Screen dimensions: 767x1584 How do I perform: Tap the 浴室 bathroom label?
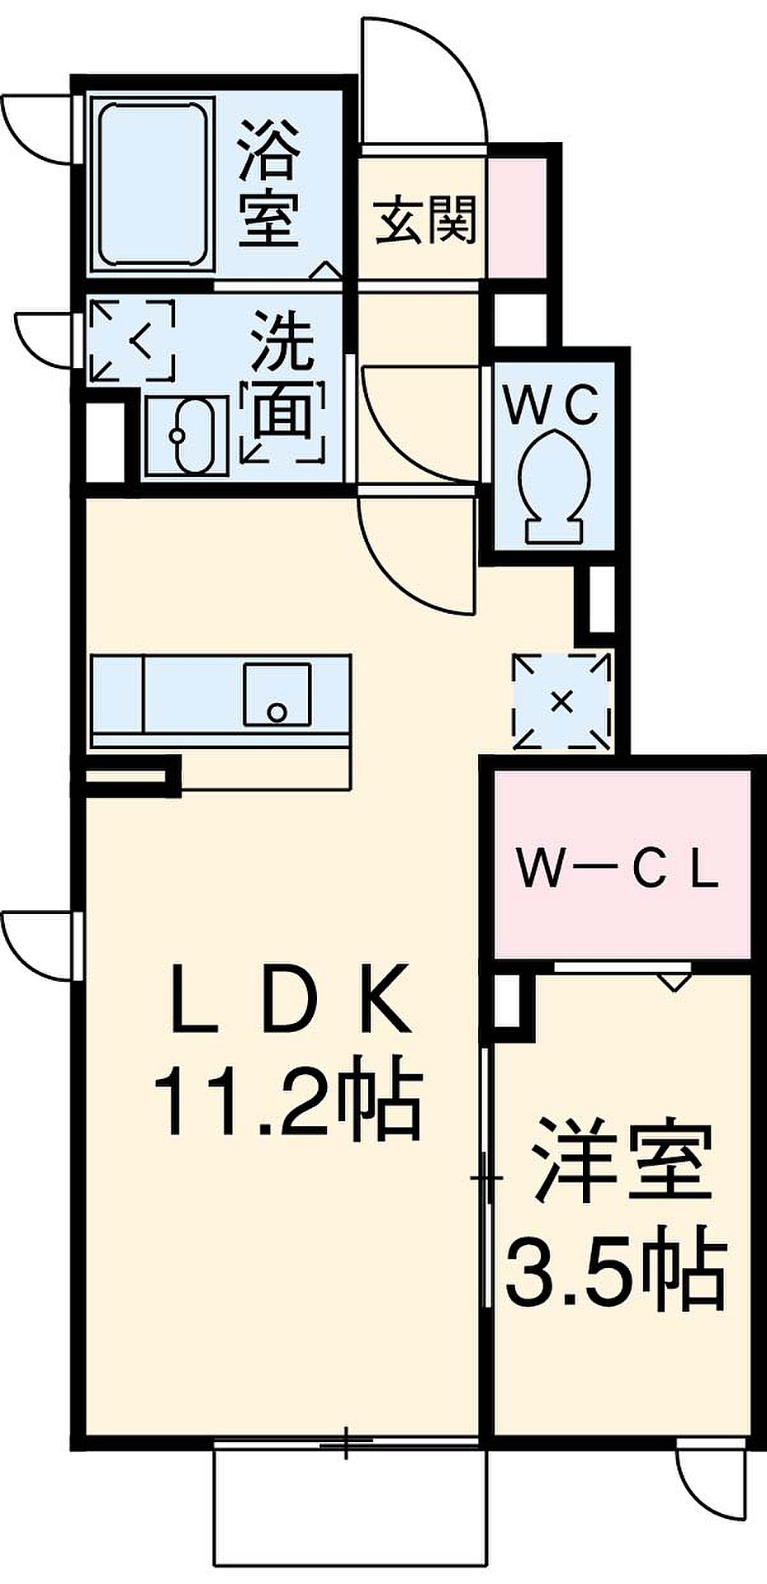(x=268, y=183)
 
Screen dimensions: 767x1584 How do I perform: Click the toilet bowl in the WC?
(x=554, y=488)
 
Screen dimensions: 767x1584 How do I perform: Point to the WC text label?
(x=552, y=406)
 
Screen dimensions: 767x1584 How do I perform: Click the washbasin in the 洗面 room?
(x=187, y=436)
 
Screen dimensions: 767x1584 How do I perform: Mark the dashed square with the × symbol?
(x=562, y=702)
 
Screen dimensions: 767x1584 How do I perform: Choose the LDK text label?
(x=289, y=999)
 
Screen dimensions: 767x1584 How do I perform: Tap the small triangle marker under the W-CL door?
(x=674, y=980)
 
